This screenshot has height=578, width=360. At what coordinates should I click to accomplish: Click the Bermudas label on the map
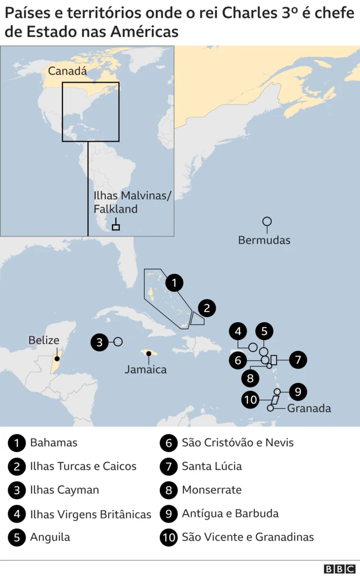tap(264, 240)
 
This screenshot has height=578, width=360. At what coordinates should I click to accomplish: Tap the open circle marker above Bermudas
tap(267, 222)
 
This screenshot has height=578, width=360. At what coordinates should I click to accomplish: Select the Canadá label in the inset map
tap(67, 71)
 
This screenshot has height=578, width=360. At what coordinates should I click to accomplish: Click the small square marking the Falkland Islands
tap(116, 227)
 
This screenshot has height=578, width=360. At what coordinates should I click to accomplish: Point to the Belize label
tap(43, 340)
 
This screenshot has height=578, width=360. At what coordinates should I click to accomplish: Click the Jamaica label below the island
tap(146, 369)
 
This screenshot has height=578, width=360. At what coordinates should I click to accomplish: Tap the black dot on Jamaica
tap(149, 354)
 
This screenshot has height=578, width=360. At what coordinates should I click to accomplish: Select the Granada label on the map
tap(309, 408)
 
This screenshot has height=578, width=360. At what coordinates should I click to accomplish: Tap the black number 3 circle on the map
tap(100, 342)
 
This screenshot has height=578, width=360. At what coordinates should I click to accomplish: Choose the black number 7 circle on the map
tap(298, 359)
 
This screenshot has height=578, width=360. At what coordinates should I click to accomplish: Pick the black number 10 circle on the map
tap(251, 400)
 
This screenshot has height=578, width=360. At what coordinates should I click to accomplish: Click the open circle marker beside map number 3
tap(118, 342)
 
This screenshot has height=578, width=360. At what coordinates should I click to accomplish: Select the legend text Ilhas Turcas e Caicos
tap(83, 466)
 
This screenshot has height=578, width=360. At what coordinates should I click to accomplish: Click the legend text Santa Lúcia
tap(211, 466)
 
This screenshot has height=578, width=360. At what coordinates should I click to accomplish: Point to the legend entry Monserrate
tap(211, 490)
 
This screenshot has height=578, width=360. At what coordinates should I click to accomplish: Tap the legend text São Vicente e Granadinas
tap(247, 537)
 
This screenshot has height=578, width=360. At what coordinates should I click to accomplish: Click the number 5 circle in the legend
tap(17, 537)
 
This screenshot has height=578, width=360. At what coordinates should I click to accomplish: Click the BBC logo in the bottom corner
tap(340, 568)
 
